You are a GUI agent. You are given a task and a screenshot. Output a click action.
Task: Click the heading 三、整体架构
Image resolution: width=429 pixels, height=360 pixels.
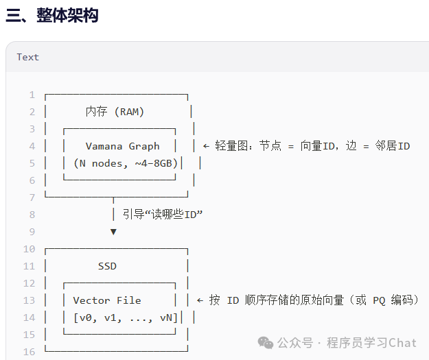(x=51, y=15)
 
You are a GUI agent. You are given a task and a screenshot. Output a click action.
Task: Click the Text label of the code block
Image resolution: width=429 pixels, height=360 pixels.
(x=28, y=57)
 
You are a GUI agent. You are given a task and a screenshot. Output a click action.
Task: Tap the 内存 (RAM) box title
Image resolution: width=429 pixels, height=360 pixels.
(x=115, y=112)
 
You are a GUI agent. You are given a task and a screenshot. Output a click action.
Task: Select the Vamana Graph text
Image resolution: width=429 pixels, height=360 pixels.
(x=122, y=146)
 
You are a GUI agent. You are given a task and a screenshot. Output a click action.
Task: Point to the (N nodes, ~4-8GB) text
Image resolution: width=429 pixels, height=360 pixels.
(x=126, y=163)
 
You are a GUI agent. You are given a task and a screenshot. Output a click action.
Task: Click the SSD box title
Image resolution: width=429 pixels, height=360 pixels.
(x=107, y=266)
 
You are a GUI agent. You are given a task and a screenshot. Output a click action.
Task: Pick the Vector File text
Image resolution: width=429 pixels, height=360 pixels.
(x=107, y=300)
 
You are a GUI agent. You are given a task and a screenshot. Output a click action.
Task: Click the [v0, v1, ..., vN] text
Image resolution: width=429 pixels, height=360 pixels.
(x=126, y=317)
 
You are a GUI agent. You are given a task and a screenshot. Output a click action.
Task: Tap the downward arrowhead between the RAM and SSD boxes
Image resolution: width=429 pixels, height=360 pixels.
(x=113, y=232)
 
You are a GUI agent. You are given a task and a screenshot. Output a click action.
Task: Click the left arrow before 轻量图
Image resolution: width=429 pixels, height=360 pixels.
(x=207, y=146)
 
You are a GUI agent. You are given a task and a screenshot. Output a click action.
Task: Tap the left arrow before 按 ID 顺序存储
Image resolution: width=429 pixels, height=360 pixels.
(x=200, y=300)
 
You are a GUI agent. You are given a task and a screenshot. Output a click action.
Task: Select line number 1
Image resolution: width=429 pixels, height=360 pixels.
(x=32, y=95)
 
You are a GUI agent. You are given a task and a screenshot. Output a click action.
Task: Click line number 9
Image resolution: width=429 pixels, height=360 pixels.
(x=32, y=232)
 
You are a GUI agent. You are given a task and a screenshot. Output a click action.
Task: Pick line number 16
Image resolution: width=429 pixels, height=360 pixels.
(x=29, y=352)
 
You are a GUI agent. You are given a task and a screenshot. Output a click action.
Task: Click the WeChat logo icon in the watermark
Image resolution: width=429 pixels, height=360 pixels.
(x=265, y=342)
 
